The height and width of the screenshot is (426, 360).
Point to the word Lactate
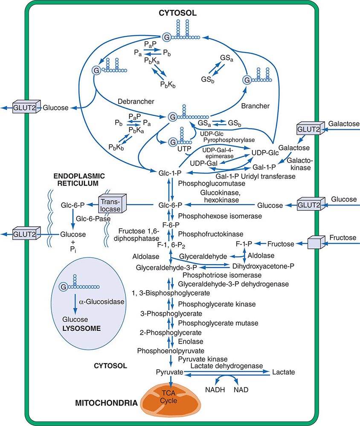283,372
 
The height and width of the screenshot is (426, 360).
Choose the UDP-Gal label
202,164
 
